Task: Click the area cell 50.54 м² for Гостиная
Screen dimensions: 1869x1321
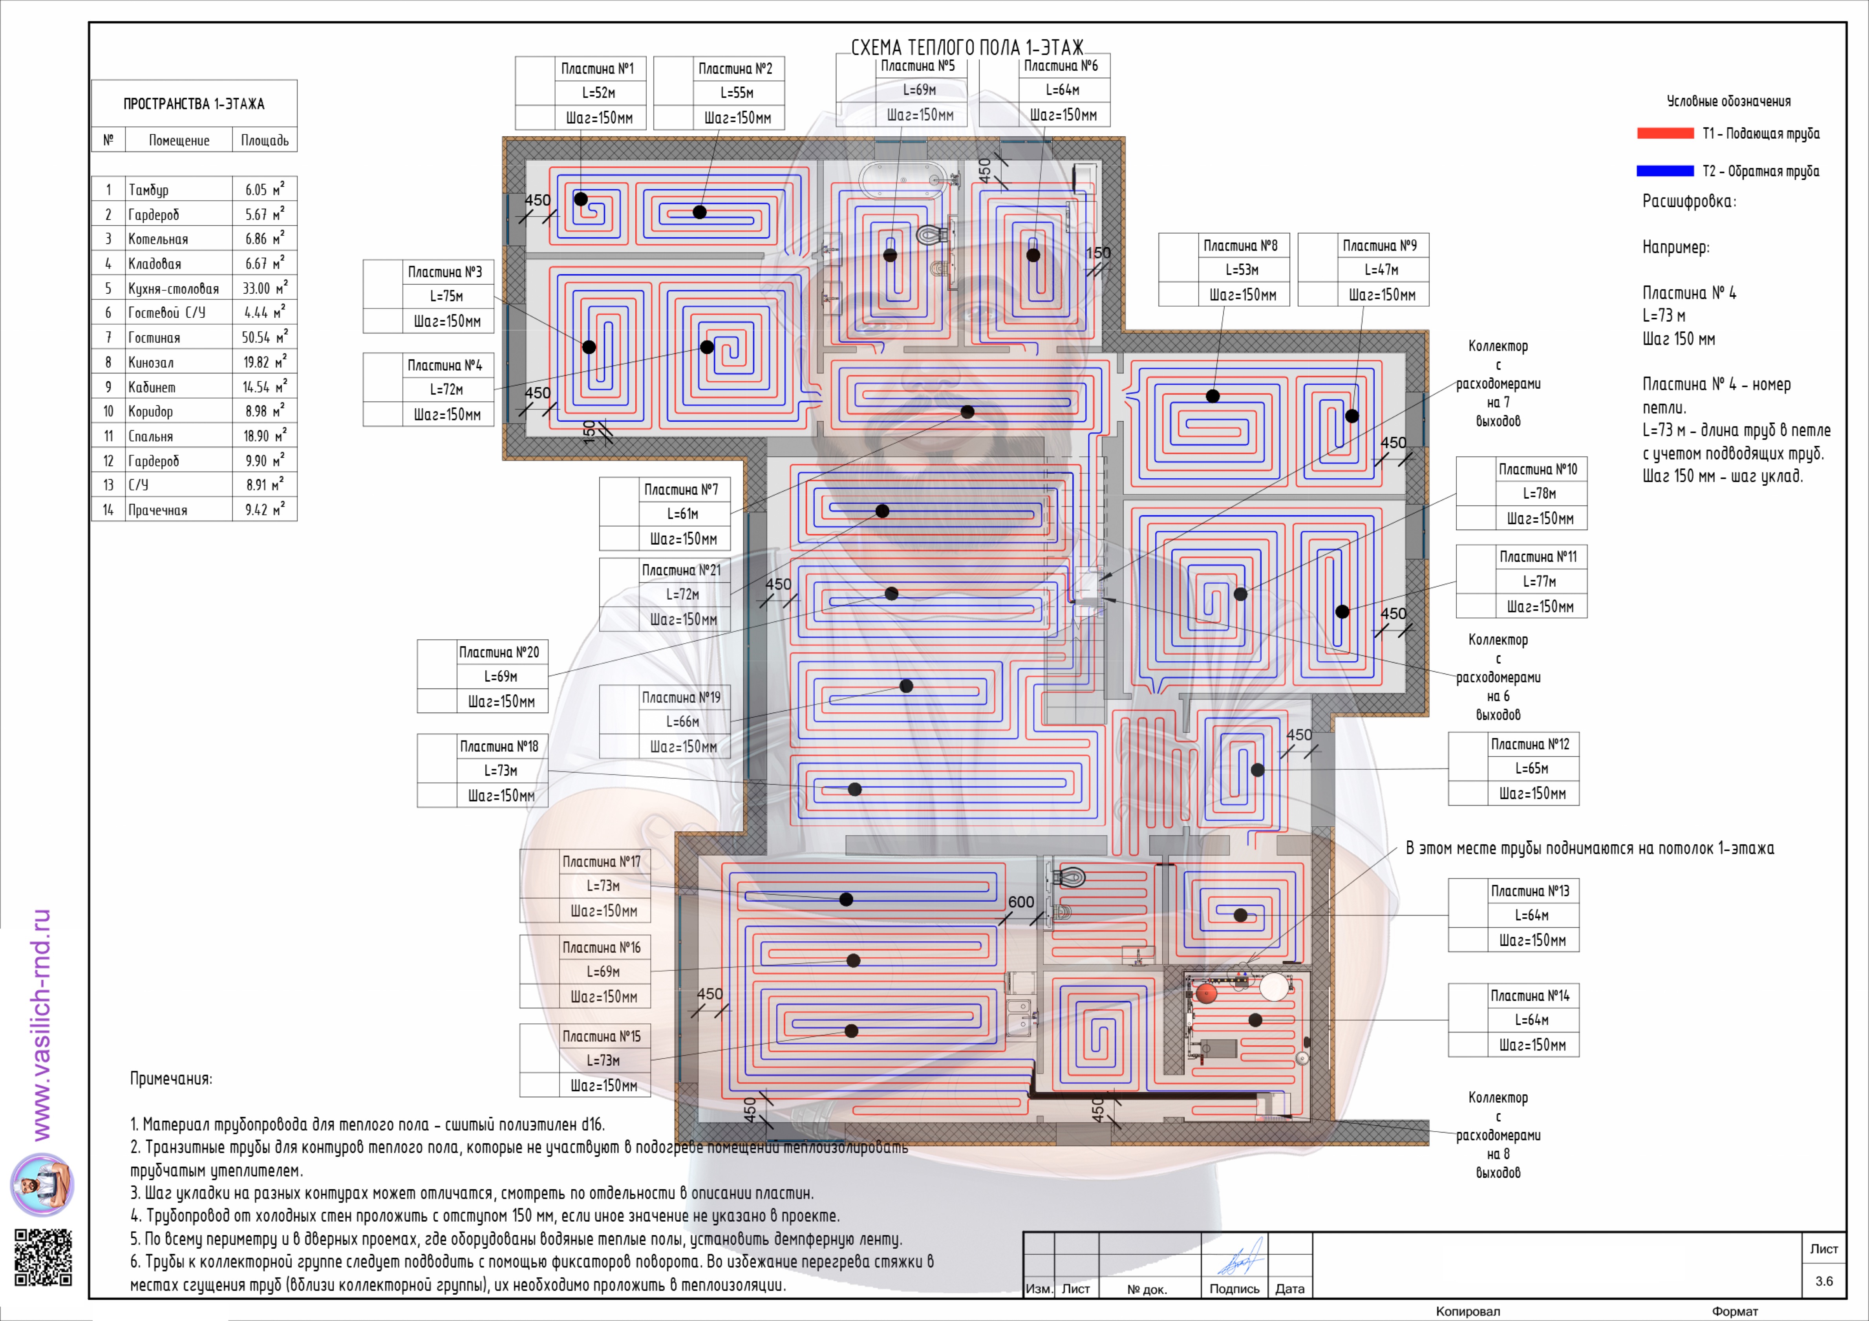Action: (265, 337)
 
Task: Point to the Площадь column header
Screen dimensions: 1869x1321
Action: (265, 140)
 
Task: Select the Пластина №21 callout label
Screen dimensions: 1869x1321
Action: (681, 570)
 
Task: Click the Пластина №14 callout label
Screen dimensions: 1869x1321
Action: (1531, 995)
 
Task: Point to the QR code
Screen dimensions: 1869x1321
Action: (43, 1257)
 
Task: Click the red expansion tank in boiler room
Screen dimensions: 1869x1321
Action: (1205, 993)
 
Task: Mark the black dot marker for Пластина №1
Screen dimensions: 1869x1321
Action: (580, 199)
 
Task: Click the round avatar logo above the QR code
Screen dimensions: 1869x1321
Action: (42, 1184)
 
